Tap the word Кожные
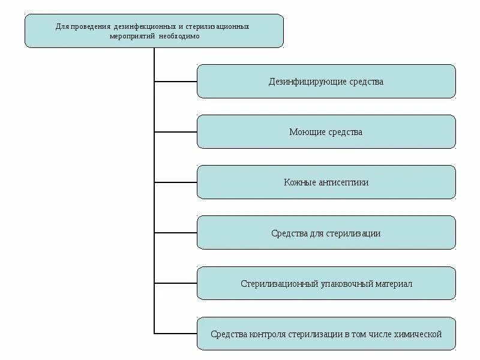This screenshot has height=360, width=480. [300, 182]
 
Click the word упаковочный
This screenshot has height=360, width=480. [346, 283]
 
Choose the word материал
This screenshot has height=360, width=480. [394, 283]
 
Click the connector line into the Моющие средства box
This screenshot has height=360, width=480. [176, 131]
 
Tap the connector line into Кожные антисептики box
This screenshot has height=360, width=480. [176, 182]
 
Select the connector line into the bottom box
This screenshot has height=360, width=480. [176, 333]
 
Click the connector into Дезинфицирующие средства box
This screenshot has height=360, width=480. [176, 81]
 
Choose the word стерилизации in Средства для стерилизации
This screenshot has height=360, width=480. [355, 233]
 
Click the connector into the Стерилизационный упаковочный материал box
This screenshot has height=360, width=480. [176, 283]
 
